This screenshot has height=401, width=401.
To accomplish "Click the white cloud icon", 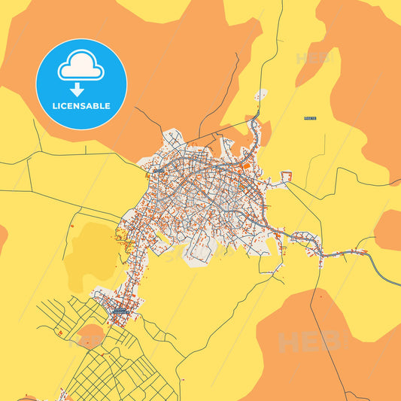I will pyautogui.click(x=81, y=68).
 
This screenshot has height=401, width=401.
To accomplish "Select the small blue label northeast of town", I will pyautogui.click(x=308, y=118).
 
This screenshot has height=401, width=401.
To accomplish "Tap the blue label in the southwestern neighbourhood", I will pyautogui.click(x=119, y=310).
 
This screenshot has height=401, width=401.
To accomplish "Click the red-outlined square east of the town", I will pyautogui.click(x=286, y=177).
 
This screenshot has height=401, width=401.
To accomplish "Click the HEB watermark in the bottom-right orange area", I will pyautogui.click(x=308, y=342).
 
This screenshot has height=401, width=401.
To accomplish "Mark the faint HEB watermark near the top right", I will pyautogui.click(x=313, y=59).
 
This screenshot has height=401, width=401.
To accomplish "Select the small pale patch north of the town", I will pyautogui.click(x=260, y=96).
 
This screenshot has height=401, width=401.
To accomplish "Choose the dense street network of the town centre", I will pyautogui.click(x=203, y=188).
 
